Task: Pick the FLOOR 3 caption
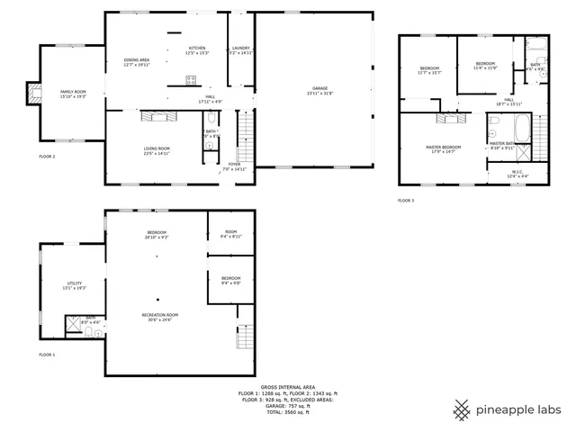click(x=407, y=200)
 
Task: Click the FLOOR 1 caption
click(x=47, y=355)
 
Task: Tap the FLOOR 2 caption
click(x=47, y=157)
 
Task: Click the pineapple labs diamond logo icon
click(x=462, y=409)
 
